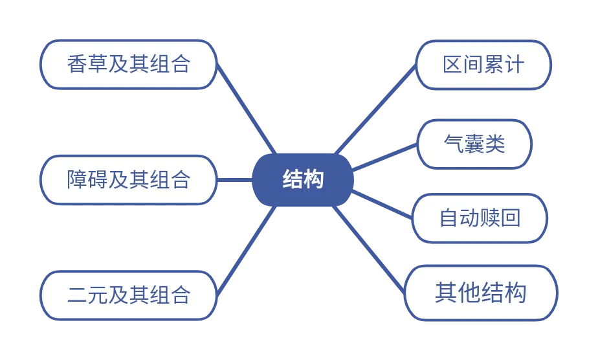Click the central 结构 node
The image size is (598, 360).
(x=303, y=179)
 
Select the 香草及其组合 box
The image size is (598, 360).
(x=129, y=65)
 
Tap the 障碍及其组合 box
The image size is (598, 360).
(x=129, y=180)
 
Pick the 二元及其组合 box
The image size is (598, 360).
(x=129, y=295)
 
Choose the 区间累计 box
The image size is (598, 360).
(x=483, y=65)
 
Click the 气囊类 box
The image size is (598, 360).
(x=474, y=144)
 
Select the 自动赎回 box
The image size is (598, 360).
(x=480, y=218)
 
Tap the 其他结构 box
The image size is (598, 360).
(x=481, y=293)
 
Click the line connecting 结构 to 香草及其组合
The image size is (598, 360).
(x=246, y=109)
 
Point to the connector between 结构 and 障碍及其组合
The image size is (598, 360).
(x=235, y=180)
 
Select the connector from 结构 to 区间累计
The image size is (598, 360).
(x=375, y=110)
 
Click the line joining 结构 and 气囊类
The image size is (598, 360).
(x=384, y=157)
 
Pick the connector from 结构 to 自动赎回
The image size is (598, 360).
(x=382, y=205)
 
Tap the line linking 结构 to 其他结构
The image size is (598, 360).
(x=369, y=250)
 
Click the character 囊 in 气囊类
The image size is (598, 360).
(x=474, y=144)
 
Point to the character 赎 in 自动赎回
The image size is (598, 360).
(x=490, y=218)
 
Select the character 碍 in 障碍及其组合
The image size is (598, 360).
(x=98, y=180)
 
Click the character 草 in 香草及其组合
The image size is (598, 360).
(x=98, y=65)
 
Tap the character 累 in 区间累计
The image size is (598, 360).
(x=494, y=65)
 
